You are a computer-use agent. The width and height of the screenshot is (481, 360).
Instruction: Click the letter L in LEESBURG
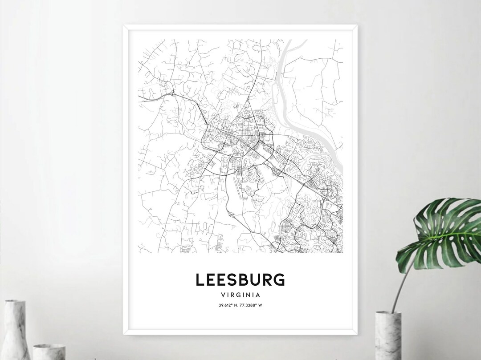click(200, 280)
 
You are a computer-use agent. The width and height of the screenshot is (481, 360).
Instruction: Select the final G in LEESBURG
click(279, 280)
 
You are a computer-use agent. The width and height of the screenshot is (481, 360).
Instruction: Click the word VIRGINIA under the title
click(240, 295)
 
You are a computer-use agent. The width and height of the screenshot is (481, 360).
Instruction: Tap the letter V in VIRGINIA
click(223, 295)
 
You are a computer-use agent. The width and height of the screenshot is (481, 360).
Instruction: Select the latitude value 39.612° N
click(226, 305)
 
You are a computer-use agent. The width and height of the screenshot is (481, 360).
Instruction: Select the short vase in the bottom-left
click(49, 352)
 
